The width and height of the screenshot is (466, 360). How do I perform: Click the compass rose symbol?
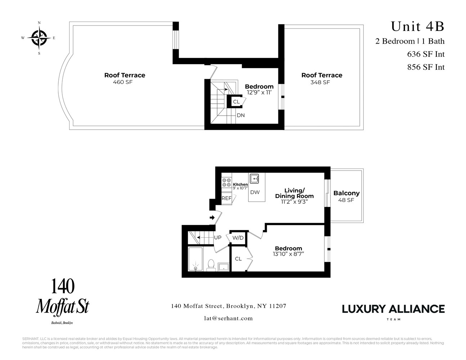pyautogui.click(x=39, y=38)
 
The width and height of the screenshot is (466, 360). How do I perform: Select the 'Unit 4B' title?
pyautogui.click(x=417, y=26)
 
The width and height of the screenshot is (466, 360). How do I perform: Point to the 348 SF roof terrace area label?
pyautogui.click(x=320, y=82)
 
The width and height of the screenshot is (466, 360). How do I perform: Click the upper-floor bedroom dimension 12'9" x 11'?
pyautogui.click(x=259, y=93)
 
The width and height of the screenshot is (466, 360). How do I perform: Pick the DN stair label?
pyautogui.click(x=241, y=115)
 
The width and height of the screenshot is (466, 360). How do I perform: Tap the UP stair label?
pyautogui.click(x=218, y=238)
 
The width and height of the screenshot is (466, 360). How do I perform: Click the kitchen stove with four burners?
pyautogui.click(x=226, y=183)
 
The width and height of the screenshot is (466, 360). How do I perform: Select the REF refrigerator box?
pyautogui.click(x=227, y=198)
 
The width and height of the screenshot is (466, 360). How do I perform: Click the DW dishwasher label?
pyautogui.click(x=255, y=192)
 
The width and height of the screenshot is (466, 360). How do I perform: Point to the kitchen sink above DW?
pyautogui.click(x=255, y=178)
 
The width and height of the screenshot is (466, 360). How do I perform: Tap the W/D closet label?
pyautogui.click(x=238, y=238)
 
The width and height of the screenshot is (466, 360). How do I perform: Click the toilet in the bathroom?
pyautogui.click(x=211, y=265)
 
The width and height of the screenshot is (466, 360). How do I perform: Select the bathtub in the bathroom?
pyautogui.click(x=196, y=259)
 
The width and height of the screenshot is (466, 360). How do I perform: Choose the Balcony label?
pyautogui.click(x=346, y=193)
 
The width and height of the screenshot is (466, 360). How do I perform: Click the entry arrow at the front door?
pyautogui.click(x=212, y=217)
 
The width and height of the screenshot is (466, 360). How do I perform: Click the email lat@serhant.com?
pyautogui.click(x=228, y=318)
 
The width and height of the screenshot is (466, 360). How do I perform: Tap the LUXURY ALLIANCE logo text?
pyautogui.click(x=393, y=309)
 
